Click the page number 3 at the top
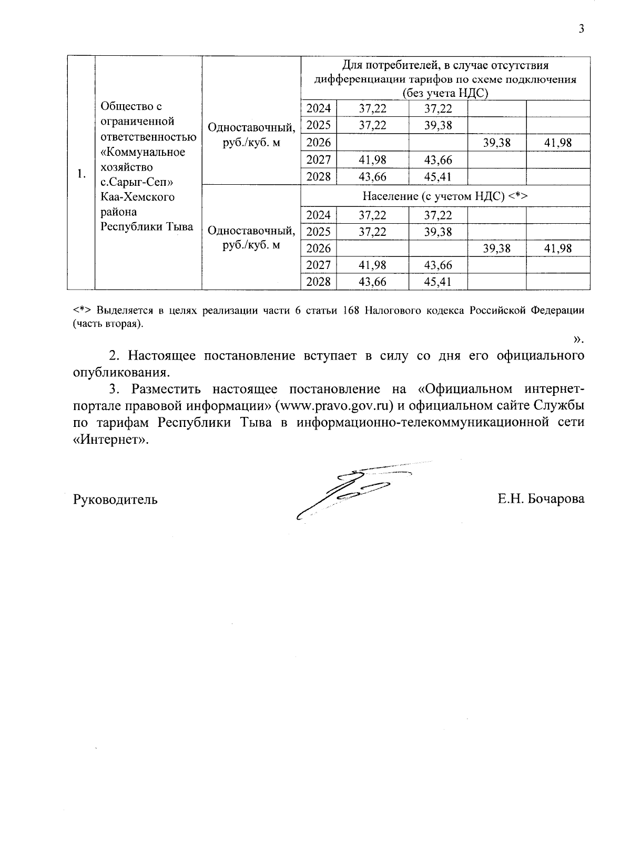tap(581, 29)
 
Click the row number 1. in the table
tap(80, 174)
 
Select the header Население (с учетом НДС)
tap(445, 196)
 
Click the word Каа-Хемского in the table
tap(137, 197)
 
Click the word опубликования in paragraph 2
tap(121, 373)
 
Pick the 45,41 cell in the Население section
tap(438, 282)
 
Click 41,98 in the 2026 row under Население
tap(558, 248)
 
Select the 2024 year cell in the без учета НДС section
tap(319, 108)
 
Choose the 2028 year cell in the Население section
tap(319, 282)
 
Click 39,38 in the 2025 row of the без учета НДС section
tap(438, 125)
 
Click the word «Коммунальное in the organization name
tap(143, 152)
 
